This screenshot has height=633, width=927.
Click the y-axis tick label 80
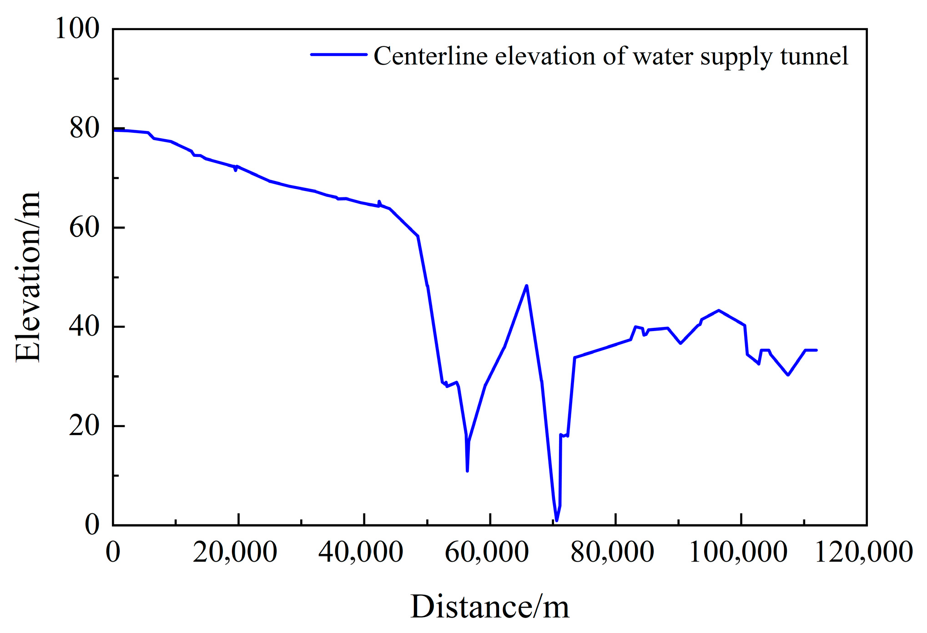84,128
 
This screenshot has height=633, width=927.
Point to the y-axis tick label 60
84,227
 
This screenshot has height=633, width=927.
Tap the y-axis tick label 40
84,327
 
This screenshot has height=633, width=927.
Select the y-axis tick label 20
84,426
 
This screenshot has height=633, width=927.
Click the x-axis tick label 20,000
235,553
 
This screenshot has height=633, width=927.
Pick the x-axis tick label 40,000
361,553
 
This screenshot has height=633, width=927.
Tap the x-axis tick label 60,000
487,553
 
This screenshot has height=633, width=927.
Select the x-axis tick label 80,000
612,553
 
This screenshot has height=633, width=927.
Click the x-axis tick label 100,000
738,553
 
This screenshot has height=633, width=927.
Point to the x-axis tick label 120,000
864,553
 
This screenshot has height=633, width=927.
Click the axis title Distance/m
489,608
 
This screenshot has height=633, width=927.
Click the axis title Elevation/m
28,276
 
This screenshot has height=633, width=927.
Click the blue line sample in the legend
339,55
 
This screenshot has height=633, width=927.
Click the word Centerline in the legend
431,56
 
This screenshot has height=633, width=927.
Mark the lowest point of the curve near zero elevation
556,520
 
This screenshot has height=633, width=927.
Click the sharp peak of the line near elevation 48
526,286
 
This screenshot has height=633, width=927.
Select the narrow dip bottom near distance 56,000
467,471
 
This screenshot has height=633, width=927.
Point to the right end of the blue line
816,350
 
